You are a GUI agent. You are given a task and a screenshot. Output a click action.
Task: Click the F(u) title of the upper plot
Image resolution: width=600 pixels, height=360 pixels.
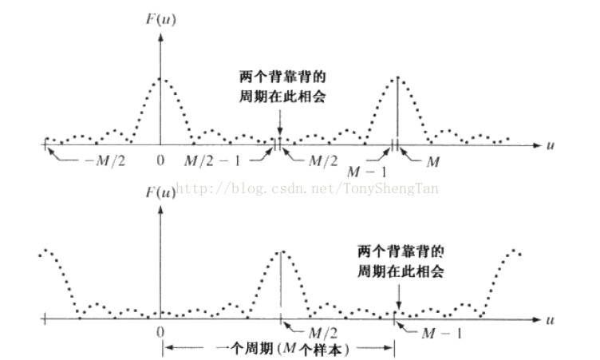(x=160, y=19)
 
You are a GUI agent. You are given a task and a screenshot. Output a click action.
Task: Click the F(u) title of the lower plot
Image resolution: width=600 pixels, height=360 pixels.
(x=160, y=192)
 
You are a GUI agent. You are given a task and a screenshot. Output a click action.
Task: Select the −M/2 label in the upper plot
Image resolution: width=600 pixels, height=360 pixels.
(x=105, y=161)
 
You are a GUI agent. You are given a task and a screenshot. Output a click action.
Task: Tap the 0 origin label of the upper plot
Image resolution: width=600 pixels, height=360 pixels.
(x=160, y=160)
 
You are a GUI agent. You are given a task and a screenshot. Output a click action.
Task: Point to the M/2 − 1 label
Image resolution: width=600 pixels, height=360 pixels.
(x=212, y=161)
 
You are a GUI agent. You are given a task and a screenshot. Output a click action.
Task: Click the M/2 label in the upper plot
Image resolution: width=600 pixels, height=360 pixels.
(x=323, y=161)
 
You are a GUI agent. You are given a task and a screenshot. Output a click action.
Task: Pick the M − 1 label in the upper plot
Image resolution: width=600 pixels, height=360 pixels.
(x=367, y=172)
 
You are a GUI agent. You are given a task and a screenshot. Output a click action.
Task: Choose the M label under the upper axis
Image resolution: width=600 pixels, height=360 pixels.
(x=432, y=162)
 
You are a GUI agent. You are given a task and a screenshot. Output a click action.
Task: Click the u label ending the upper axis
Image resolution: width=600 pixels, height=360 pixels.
(x=551, y=145)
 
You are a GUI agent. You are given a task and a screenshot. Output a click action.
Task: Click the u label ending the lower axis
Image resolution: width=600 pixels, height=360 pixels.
(x=551, y=320)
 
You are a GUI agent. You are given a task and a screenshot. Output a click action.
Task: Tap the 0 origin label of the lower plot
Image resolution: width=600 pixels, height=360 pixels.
(x=160, y=332)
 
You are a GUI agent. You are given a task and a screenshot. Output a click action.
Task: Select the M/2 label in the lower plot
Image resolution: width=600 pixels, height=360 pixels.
(x=323, y=333)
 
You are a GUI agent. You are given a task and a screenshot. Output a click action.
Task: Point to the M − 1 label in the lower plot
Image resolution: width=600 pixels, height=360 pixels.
(x=441, y=334)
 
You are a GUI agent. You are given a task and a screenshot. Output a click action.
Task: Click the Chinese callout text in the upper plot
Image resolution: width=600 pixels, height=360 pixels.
(x=282, y=86)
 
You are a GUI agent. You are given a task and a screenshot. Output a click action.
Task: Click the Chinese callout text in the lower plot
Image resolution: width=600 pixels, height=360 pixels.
(x=401, y=262)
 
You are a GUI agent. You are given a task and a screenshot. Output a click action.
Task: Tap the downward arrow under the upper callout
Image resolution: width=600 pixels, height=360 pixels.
(x=280, y=123)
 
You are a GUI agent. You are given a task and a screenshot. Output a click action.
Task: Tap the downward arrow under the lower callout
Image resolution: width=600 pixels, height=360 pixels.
(x=399, y=297)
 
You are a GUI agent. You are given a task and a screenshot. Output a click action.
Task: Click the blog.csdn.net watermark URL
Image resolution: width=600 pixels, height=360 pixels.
(x=307, y=188)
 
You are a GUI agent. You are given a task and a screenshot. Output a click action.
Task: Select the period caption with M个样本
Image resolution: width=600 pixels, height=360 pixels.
(x=282, y=349)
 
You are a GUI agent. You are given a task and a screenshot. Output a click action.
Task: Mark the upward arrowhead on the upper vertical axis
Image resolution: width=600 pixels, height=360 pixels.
(x=160, y=38)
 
